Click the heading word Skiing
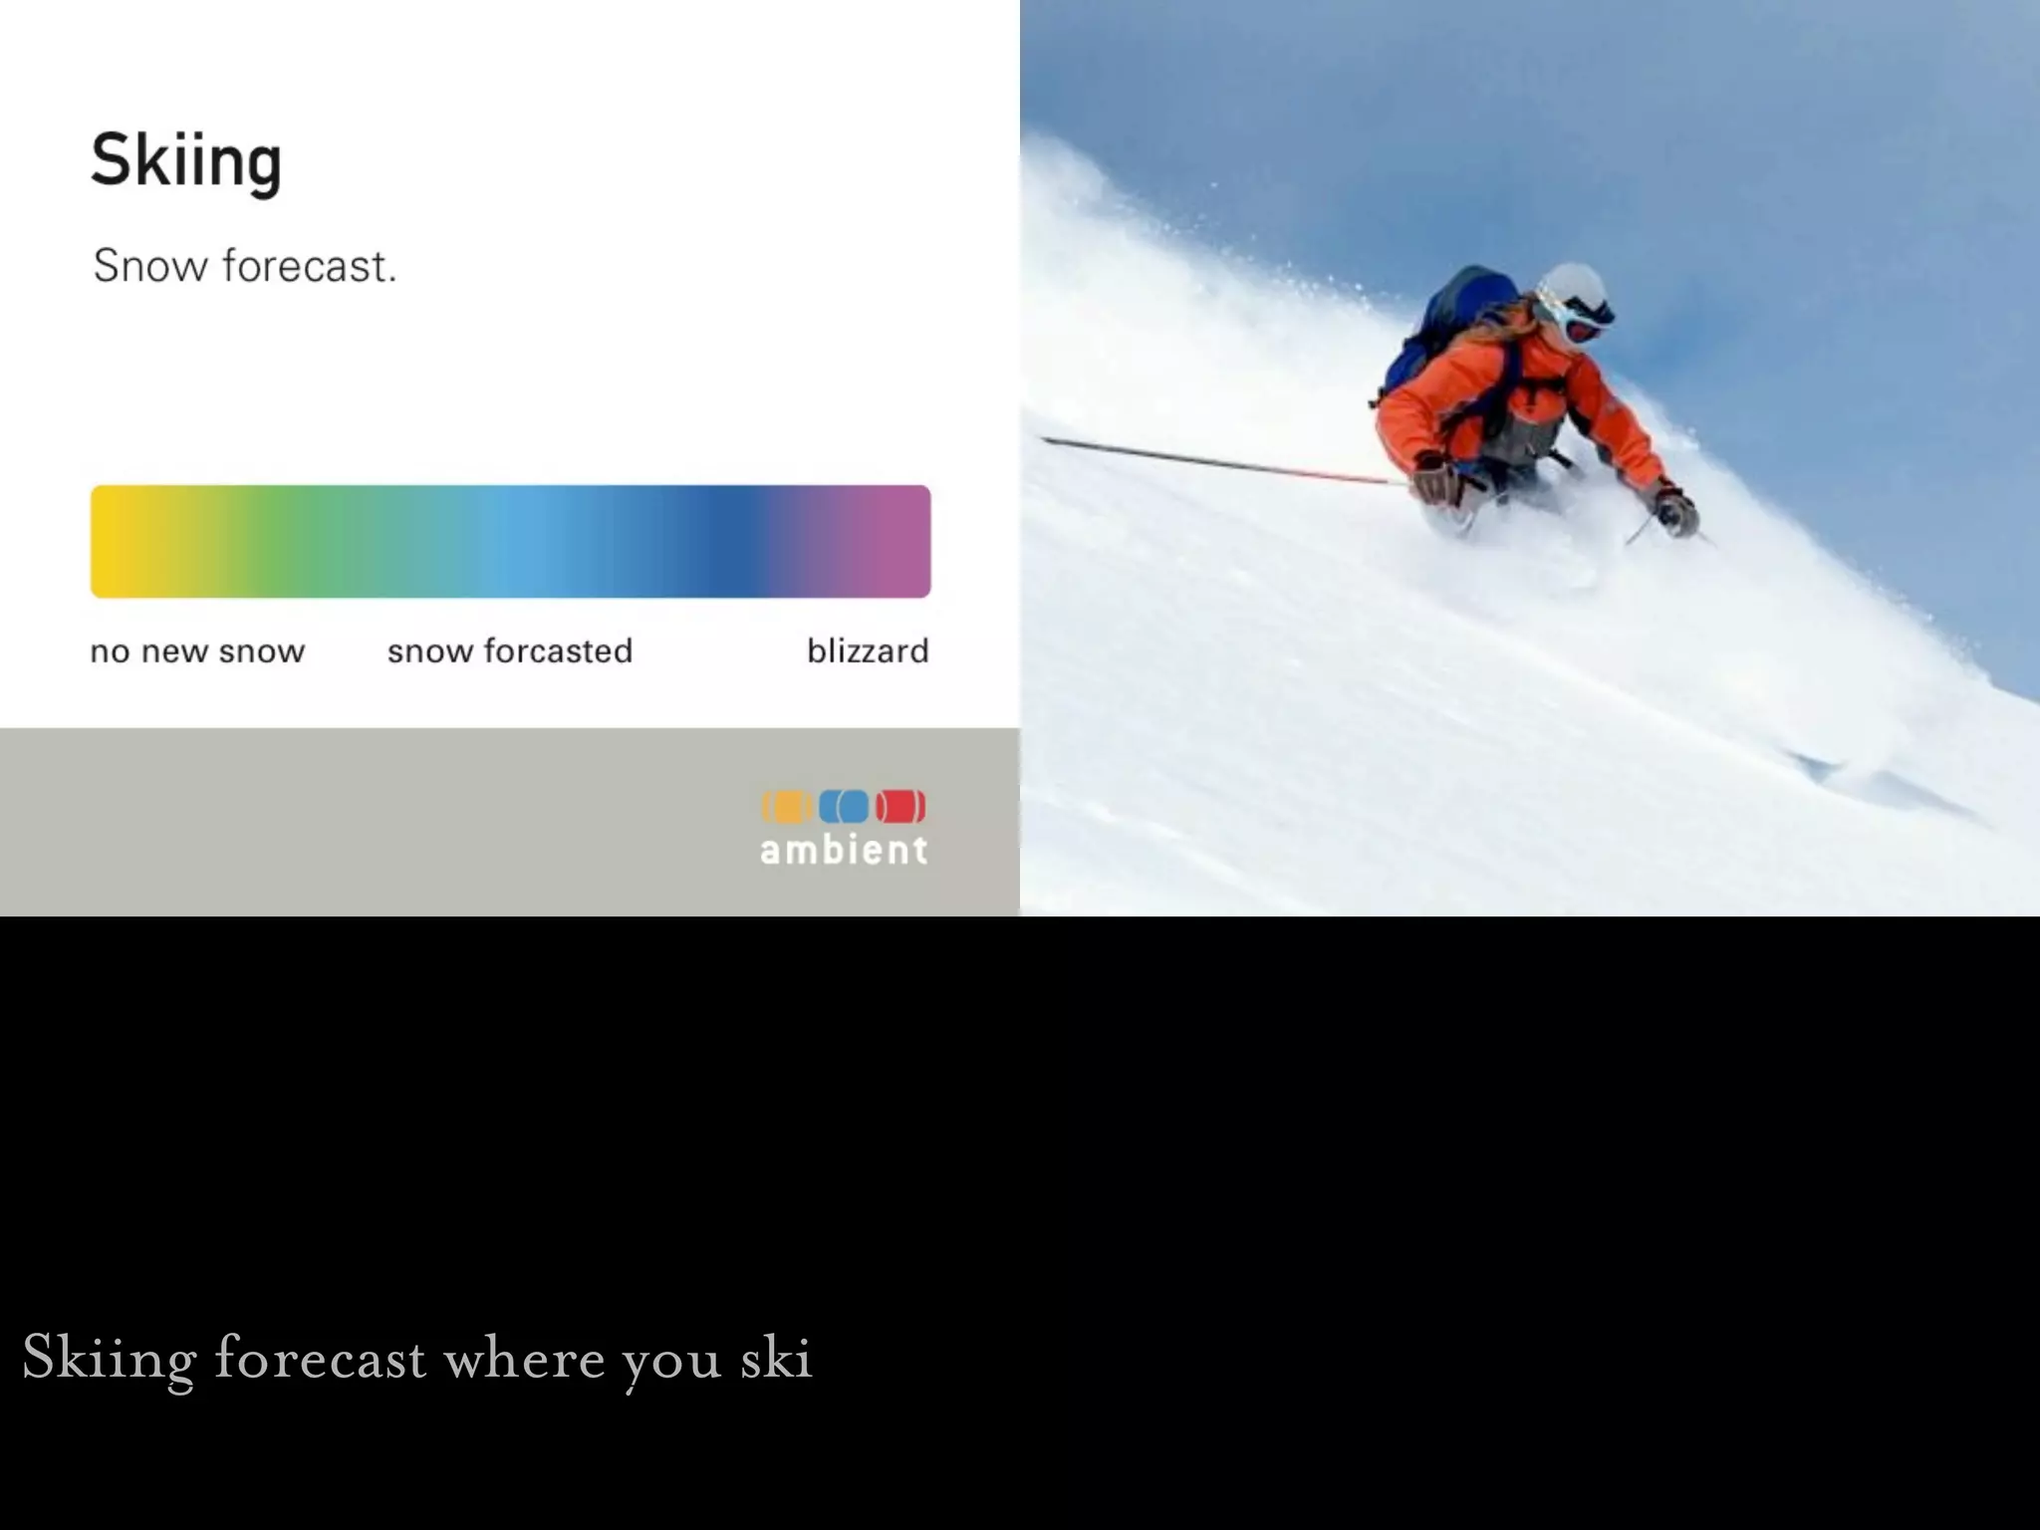tap(186, 160)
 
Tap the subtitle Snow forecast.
tap(244, 266)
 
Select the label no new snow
tap(197, 650)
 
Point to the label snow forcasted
tap(509, 650)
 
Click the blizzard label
tap(868, 650)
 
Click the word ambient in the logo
tap(844, 850)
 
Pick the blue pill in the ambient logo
tap(844, 806)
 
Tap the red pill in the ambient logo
tap(900, 806)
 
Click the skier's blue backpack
tap(1449, 319)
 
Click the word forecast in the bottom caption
tap(321, 1357)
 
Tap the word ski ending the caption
tap(776, 1357)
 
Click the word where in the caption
tap(524, 1357)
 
